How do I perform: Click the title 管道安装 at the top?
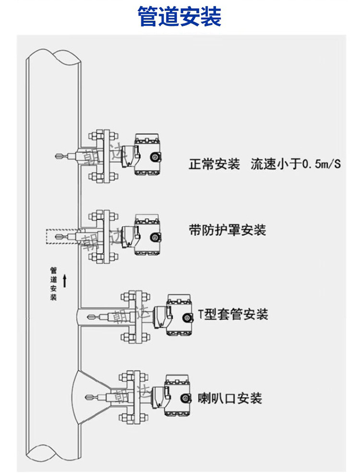point(180,17)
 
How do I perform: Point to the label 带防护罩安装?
point(228,230)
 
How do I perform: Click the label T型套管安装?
point(233,315)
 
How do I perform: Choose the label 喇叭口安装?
point(230,398)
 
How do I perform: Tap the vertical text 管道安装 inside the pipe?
point(53,284)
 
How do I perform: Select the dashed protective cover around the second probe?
point(61,236)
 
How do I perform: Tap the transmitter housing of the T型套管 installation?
point(180,315)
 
